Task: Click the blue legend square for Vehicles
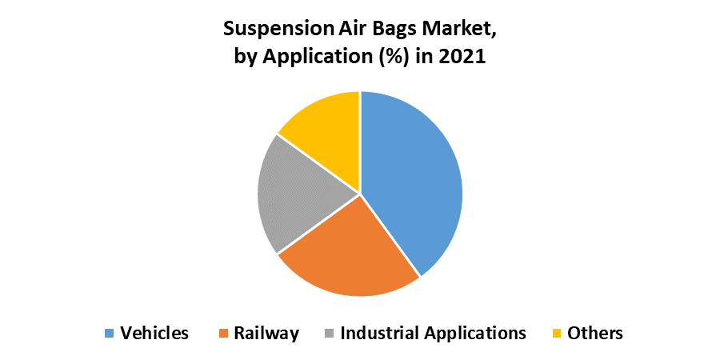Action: click(109, 333)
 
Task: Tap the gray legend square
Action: click(329, 333)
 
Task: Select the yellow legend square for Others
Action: click(557, 333)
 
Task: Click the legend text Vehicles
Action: click(154, 333)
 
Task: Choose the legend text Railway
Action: click(266, 334)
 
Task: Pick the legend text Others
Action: click(595, 333)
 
